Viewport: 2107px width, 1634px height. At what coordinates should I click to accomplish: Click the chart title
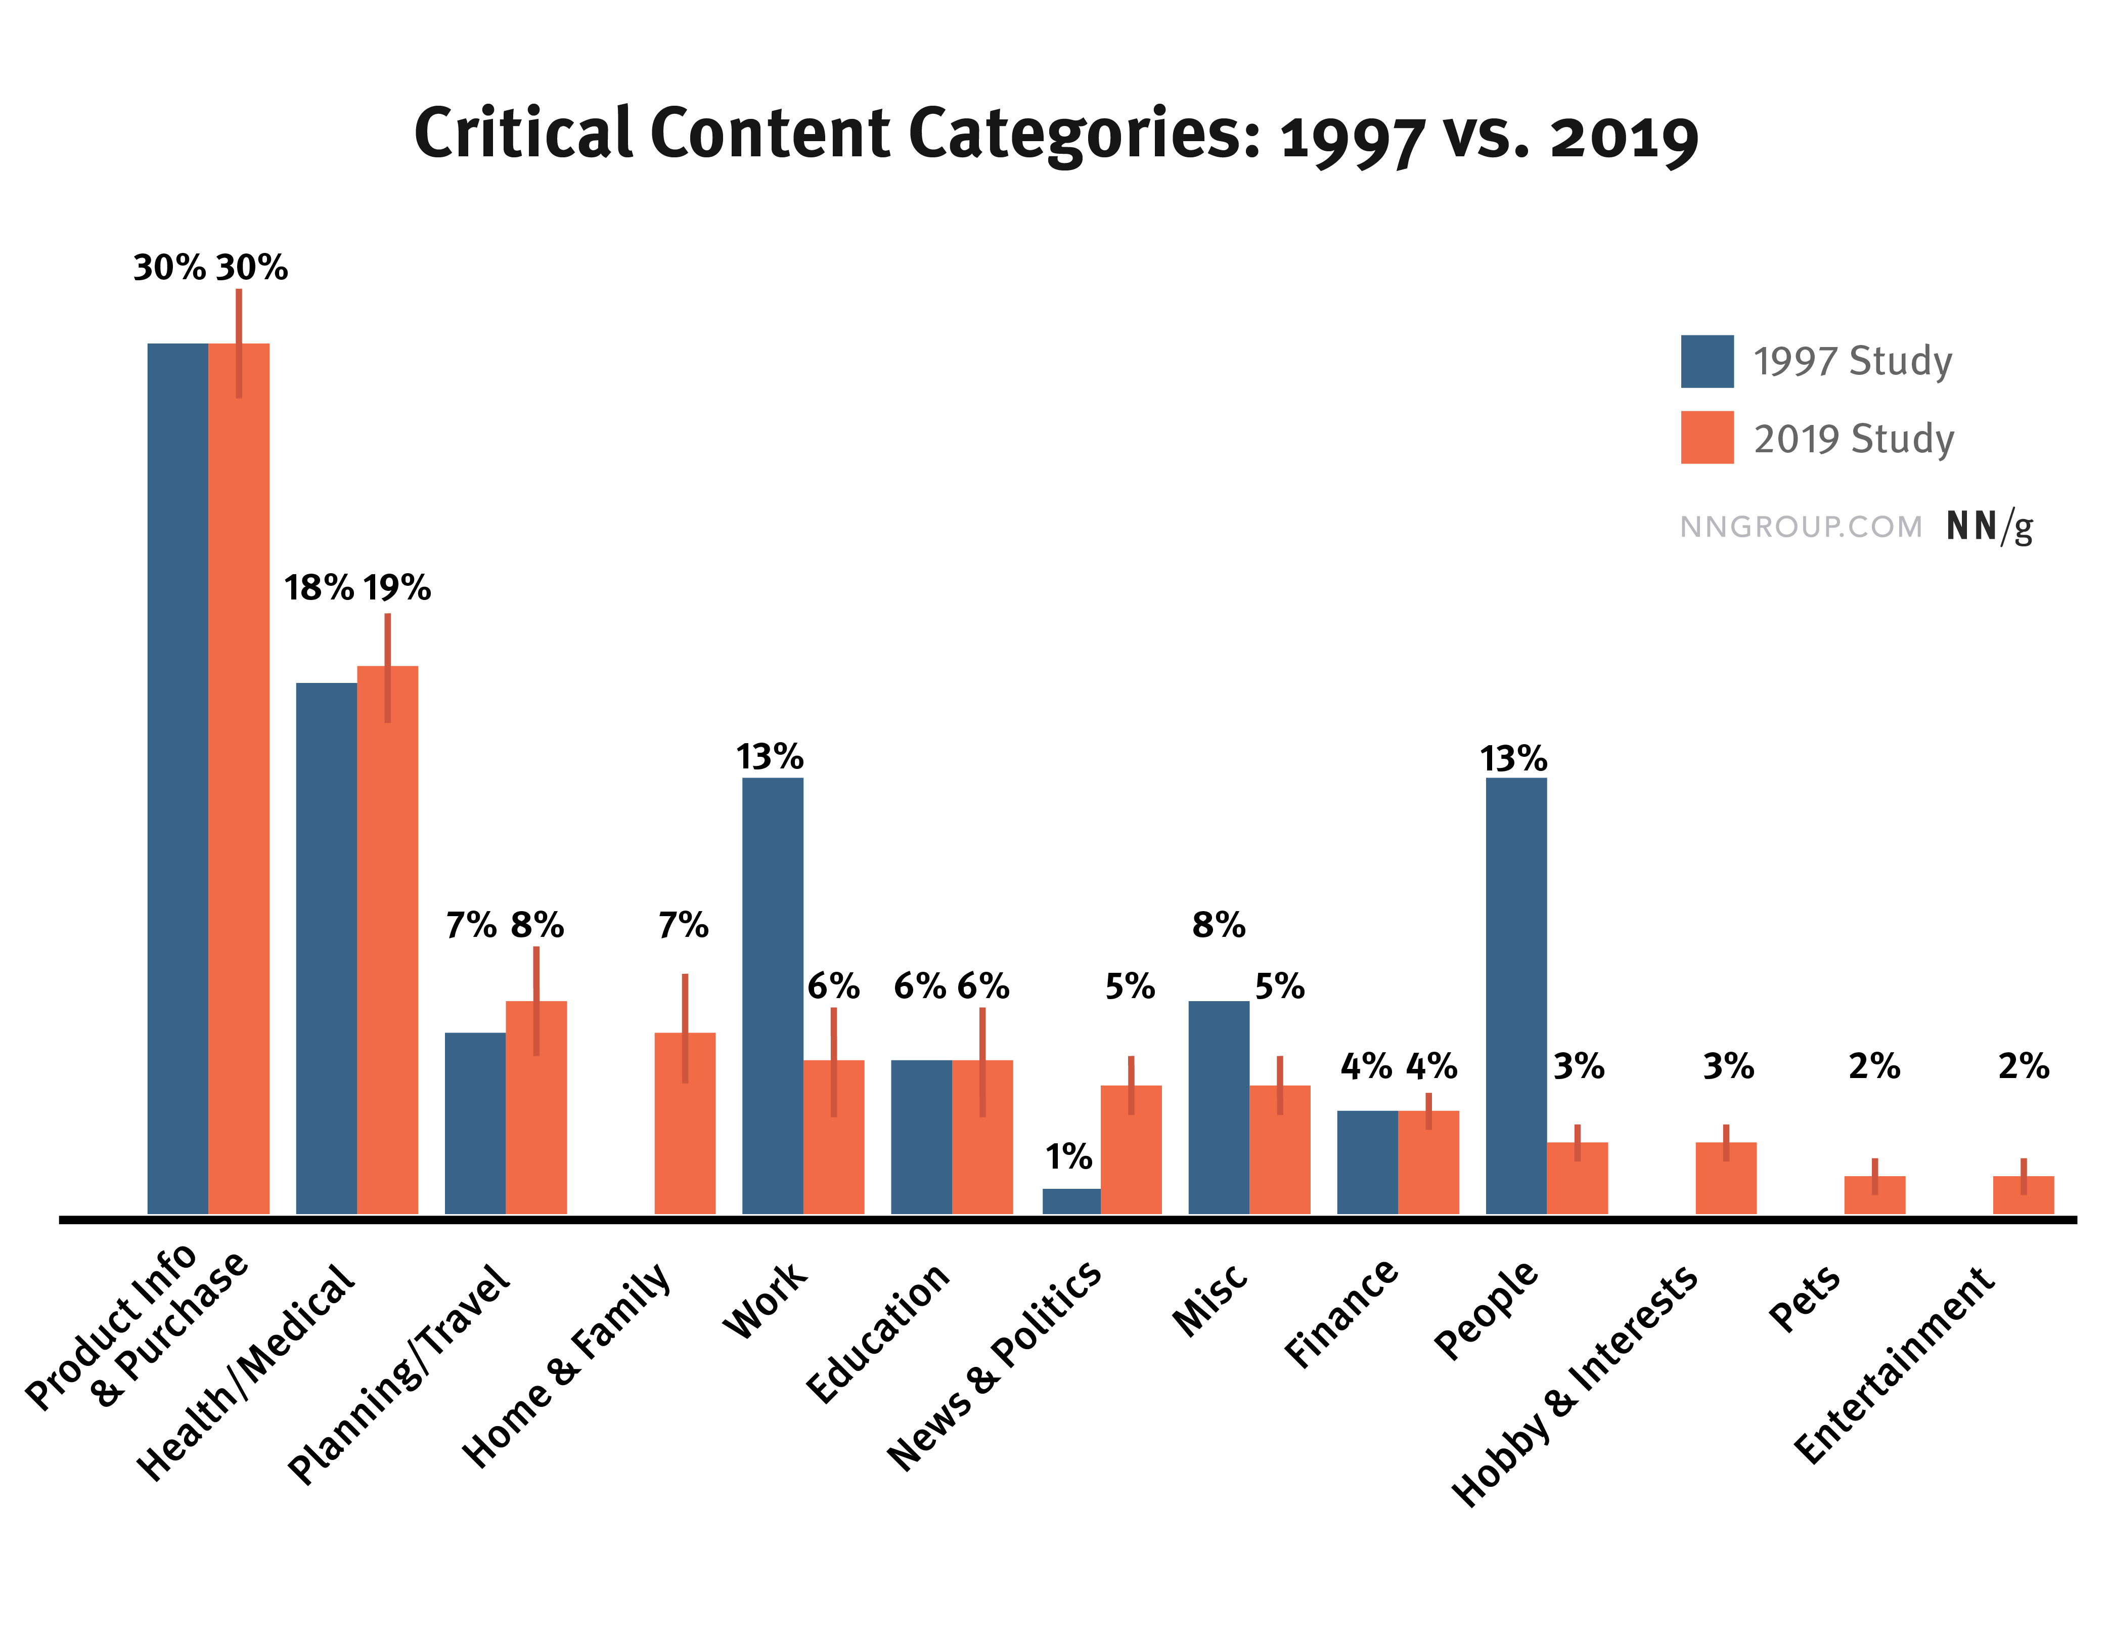tap(1055, 135)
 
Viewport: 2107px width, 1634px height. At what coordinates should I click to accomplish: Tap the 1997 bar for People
tap(1515, 994)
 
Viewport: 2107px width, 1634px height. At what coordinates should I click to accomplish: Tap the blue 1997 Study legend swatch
tap(1707, 361)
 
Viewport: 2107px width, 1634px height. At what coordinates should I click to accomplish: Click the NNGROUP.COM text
tap(1800, 527)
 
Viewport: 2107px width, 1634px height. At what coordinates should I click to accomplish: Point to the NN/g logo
tap(1989, 527)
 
